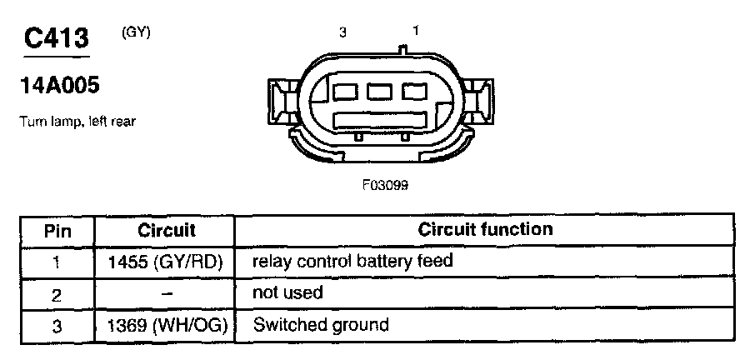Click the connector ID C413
click(57, 38)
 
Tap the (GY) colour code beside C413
click(136, 32)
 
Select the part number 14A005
click(60, 86)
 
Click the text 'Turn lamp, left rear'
click(77, 122)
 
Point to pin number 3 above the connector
click(342, 32)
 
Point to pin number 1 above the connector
click(416, 31)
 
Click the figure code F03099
click(386, 185)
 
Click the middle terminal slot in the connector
click(379, 92)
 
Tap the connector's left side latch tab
click(283, 102)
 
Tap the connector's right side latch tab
click(477, 102)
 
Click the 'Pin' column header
click(57, 231)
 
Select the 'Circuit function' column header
click(485, 229)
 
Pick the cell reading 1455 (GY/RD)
click(165, 262)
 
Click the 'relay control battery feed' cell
click(352, 261)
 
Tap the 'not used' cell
click(287, 292)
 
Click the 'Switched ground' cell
click(321, 325)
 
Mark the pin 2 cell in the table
click(57, 295)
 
